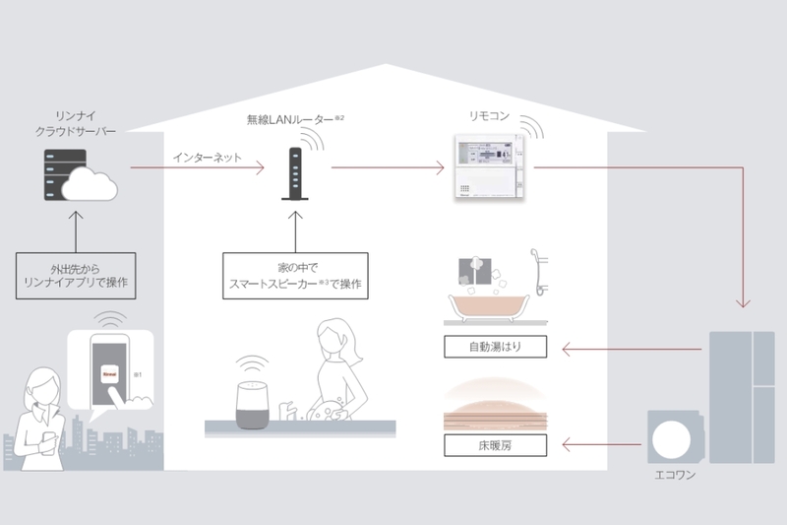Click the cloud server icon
tap(79, 174)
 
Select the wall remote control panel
tap(488, 165)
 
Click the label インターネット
tap(206, 157)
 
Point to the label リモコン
tap(489, 117)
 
